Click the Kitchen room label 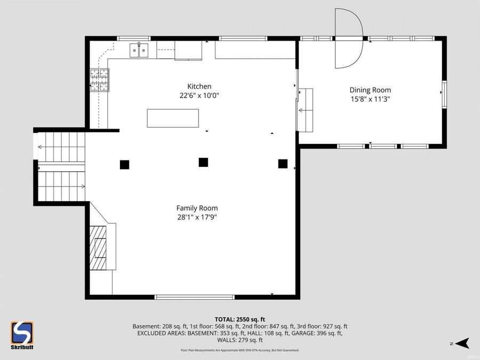[x=199, y=86]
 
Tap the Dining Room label [x=370, y=90]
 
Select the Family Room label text [x=197, y=208]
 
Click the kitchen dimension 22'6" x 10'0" [x=199, y=96]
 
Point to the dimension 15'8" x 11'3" [x=370, y=99]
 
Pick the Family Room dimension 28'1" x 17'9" [x=197, y=217]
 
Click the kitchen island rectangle [x=173, y=118]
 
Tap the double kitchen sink [x=139, y=50]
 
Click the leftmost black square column [x=124, y=165]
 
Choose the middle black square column [x=203, y=162]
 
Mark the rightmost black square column [x=283, y=164]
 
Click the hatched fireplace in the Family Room [x=99, y=248]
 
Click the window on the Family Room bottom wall [x=194, y=297]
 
